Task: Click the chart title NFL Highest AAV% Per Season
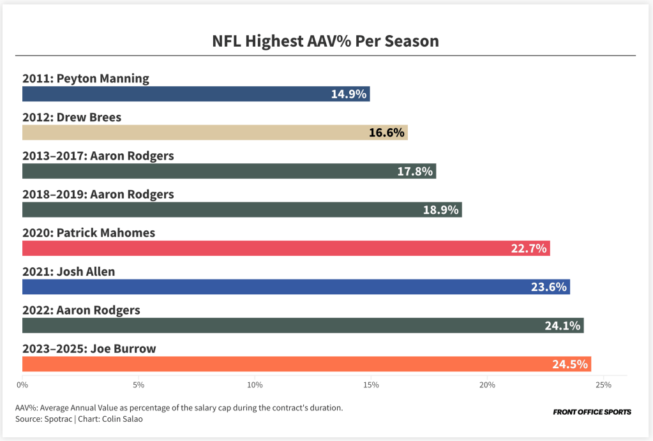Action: (326, 41)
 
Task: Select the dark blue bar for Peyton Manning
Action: (191, 94)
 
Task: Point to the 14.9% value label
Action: (349, 94)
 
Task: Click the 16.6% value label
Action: (387, 133)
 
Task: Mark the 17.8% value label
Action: (415, 171)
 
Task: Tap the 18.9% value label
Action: (441, 210)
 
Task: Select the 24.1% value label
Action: (562, 325)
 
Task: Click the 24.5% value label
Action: (570, 364)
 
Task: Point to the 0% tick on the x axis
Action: (22, 385)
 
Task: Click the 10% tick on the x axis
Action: (255, 385)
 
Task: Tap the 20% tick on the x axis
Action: (488, 385)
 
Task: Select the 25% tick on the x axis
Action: (603, 385)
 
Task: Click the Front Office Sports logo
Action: (592, 412)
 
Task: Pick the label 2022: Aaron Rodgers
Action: (81, 310)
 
